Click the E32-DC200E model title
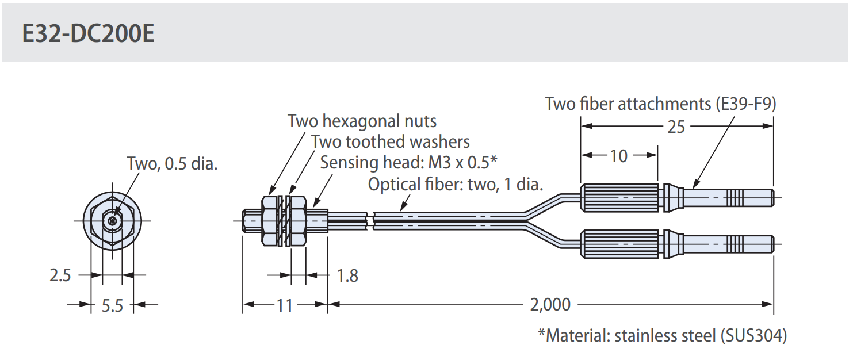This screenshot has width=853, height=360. pos(88,35)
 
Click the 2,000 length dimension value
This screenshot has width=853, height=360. pos(550,304)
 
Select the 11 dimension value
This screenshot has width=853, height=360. pos(285,305)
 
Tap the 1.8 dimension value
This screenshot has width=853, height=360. pos(347,276)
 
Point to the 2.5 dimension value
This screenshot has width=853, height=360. pos(60,276)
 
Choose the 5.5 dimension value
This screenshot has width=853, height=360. pos(112,305)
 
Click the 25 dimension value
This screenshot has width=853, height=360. pos(676,126)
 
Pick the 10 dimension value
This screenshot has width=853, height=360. pos(618,155)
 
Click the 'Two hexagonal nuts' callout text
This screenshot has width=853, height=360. pos(362,121)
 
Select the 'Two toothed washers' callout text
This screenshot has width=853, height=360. pos(390,141)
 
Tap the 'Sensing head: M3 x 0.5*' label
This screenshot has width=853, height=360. pos(408,162)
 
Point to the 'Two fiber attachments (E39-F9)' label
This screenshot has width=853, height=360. pos(661,104)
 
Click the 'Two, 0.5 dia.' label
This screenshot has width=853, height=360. pos(172,164)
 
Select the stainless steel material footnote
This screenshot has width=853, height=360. pos(662,335)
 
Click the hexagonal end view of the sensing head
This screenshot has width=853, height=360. pos(113,220)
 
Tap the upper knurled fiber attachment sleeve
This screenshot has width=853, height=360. pos(619,197)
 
